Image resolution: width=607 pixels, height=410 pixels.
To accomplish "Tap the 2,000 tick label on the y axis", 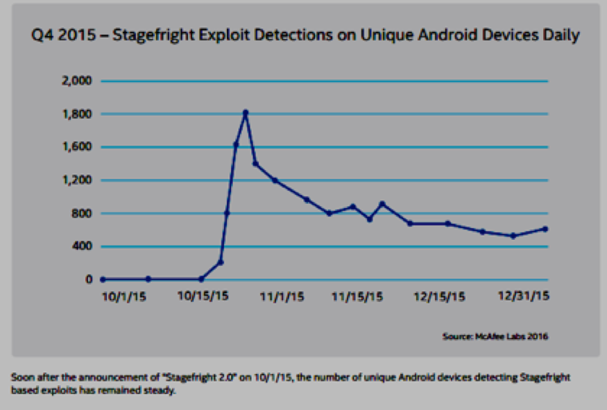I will (x=78, y=81).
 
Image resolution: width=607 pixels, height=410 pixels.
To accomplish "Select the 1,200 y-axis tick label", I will (x=78, y=180).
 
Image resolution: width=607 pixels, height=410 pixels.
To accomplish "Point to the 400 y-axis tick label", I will (x=82, y=247).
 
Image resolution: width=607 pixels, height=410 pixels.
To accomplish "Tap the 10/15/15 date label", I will (x=203, y=296).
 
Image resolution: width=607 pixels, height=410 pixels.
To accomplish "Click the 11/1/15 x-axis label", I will (x=282, y=296).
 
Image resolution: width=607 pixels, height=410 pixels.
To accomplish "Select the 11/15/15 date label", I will (x=358, y=296).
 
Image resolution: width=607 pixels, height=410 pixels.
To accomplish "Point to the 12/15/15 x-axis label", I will (x=440, y=296).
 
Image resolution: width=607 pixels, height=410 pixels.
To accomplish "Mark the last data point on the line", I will (x=545, y=229).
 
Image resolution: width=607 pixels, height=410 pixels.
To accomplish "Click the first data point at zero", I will (x=103, y=280).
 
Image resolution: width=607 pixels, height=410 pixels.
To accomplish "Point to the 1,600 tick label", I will (x=78, y=147).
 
